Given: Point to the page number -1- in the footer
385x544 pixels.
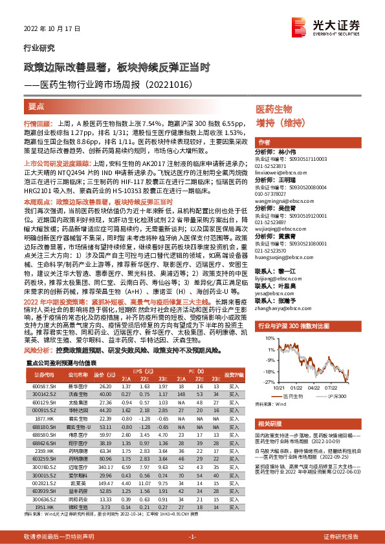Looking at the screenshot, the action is [192, 537].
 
